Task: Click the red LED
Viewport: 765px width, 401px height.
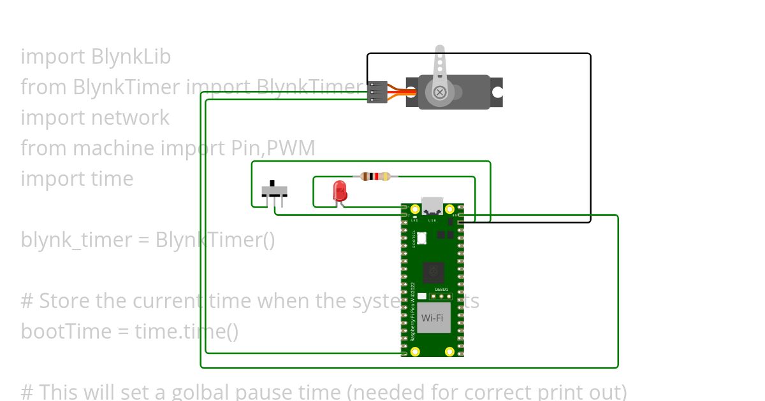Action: (x=340, y=190)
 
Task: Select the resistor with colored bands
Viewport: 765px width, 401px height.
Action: (x=375, y=176)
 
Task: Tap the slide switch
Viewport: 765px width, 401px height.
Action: (x=275, y=190)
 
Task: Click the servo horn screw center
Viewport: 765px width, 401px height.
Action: (x=440, y=92)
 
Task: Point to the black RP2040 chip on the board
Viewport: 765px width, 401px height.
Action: (x=433, y=272)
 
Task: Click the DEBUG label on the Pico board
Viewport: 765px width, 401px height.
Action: (x=441, y=289)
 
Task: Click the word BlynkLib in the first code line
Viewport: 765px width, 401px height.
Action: (x=131, y=57)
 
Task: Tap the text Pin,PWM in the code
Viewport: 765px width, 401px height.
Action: (x=272, y=148)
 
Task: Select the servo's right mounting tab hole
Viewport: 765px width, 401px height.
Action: (x=497, y=92)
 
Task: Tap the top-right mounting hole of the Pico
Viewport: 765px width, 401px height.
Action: (x=449, y=209)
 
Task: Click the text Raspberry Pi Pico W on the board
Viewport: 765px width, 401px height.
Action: (x=412, y=312)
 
